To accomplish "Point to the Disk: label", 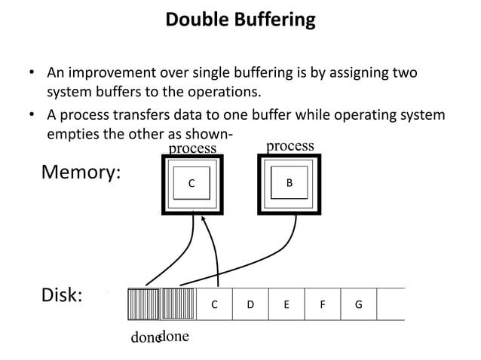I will coord(61,294).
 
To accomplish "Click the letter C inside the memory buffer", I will coord(191,183).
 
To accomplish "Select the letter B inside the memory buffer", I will coord(290,182).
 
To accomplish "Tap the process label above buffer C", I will coord(191,148).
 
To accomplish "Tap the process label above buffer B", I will coord(290,146).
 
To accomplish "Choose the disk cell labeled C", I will coord(214,304).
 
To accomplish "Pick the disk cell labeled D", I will coord(250,304).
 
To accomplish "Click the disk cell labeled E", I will coord(286,304).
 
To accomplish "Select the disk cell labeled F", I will coord(323,304).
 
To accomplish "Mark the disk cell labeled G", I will coord(358,304).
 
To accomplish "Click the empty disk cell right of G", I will coord(391,304).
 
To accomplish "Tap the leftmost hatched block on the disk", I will coord(143,304).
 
